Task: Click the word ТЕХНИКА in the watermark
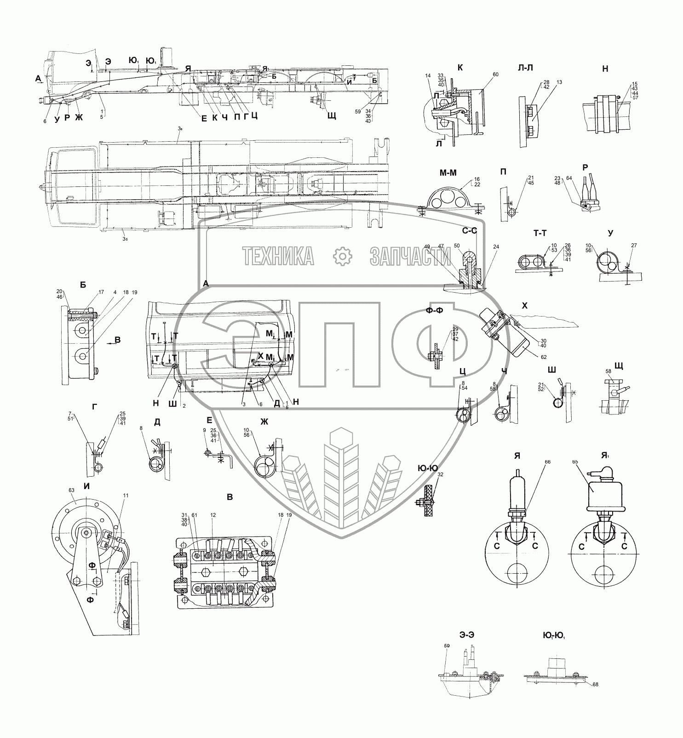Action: click(x=278, y=256)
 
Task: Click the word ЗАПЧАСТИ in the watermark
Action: click(x=410, y=256)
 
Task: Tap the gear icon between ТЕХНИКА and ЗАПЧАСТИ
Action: click(x=341, y=256)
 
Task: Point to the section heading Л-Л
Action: click(x=525, y=68)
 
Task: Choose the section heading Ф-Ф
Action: click(x=435, y=310)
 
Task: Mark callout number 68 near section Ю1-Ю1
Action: click(x=583, y=684)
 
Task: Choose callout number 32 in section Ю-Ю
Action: click(x=441, y=474)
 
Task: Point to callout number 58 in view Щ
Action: click(x=608, y=371)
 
